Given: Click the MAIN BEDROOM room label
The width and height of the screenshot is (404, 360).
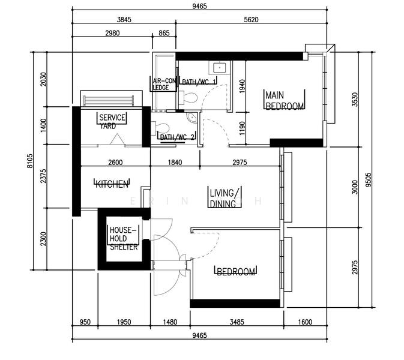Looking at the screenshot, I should pos(285,100).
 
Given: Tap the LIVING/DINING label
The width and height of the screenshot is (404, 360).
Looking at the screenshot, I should pos(225,198).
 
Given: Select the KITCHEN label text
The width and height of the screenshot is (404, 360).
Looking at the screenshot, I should pos(112,184).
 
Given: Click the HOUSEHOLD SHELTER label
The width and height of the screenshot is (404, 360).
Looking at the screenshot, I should pos(124,238).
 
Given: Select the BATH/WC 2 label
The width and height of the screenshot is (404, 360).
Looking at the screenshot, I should pos(176,137).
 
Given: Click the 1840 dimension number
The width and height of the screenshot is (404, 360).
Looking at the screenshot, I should pos(174,163).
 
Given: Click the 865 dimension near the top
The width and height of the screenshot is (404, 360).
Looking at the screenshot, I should pos(163,34).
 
